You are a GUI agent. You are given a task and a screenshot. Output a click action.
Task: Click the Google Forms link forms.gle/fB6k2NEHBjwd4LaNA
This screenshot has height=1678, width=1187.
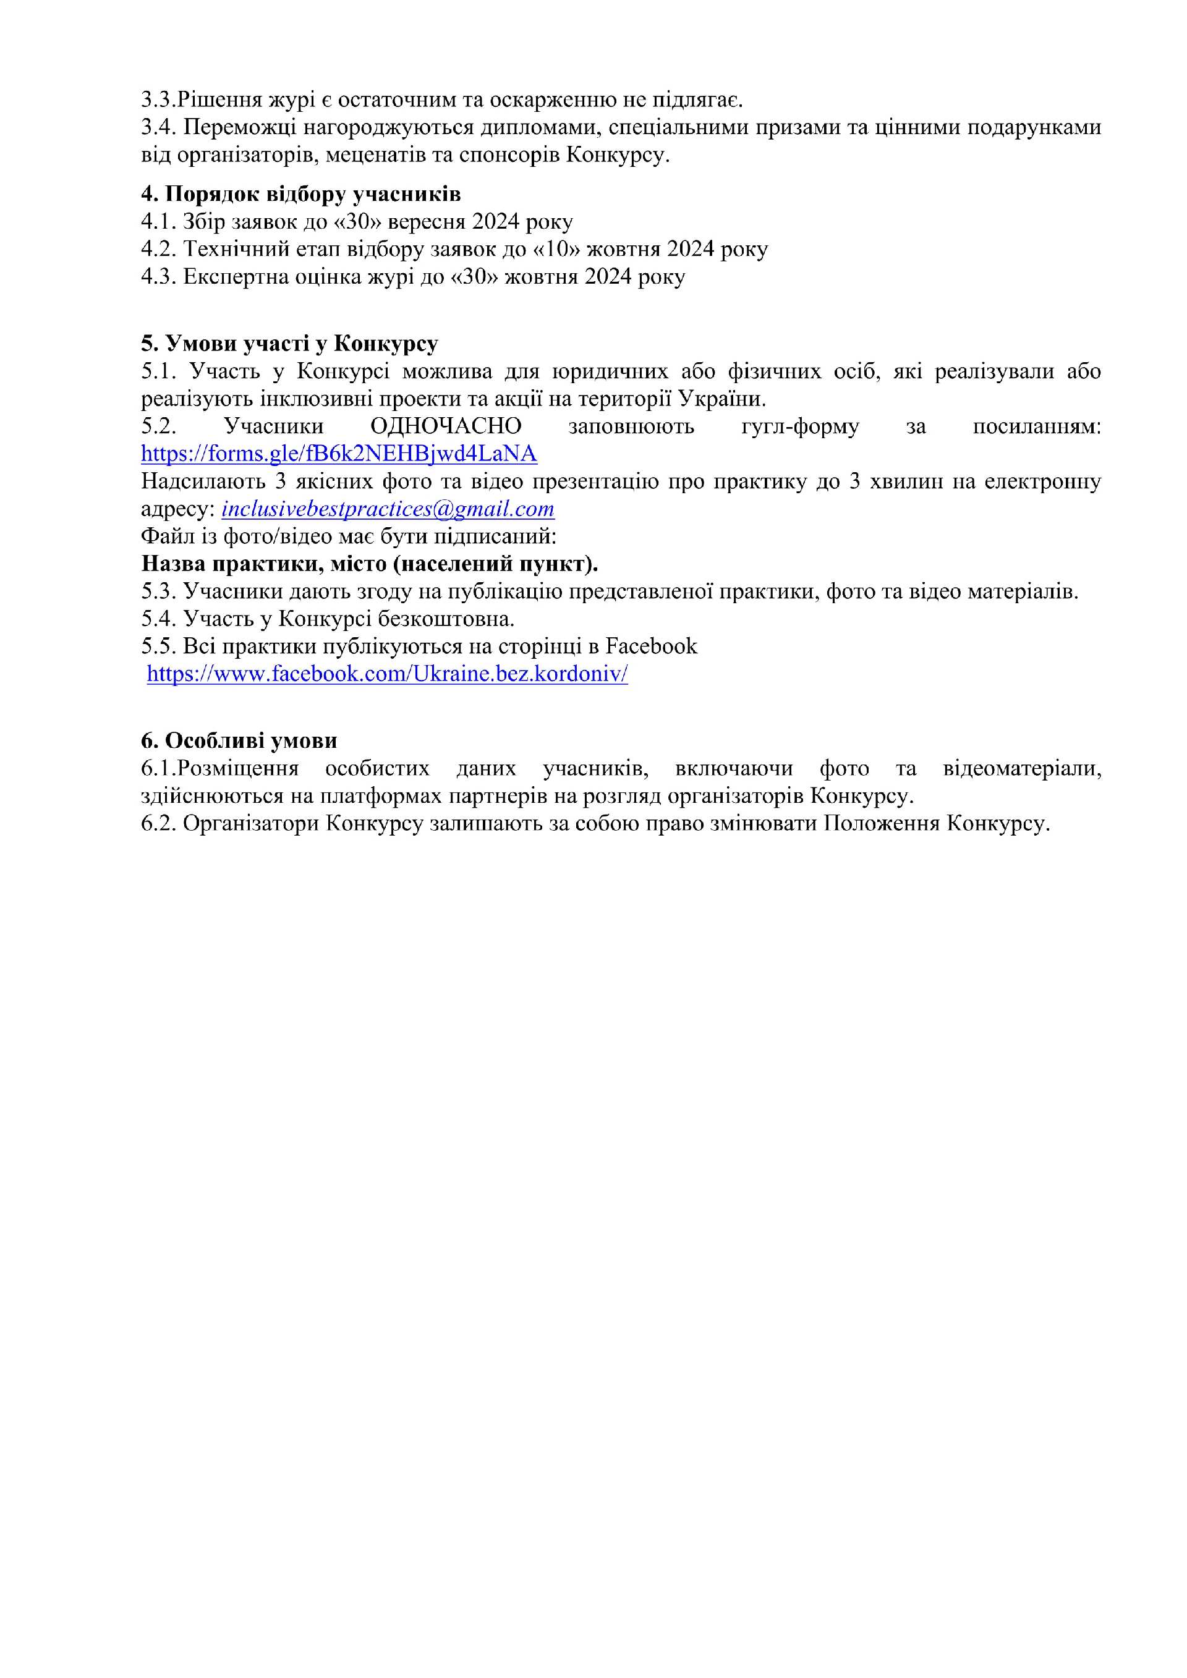click(x=339, y=454)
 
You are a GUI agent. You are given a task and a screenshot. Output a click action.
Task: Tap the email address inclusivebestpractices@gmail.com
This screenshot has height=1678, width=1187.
click(x=388, y=509)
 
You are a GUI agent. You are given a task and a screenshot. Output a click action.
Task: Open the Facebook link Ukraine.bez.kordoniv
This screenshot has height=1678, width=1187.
click(x=388, y=674)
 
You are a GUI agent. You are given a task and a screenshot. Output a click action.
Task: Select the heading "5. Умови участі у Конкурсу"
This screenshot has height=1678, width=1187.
click(x=289, y=343)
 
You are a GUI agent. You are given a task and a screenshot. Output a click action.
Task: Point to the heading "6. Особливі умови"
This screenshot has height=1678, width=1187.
click(x=239, y=740)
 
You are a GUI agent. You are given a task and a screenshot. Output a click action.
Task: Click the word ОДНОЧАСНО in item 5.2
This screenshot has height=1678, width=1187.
click(x=446, y=426)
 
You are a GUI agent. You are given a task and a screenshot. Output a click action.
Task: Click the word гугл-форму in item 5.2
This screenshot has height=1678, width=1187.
click(x=799, y=426)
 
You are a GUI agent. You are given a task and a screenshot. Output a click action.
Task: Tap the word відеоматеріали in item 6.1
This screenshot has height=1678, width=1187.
click(x=1022, y=768)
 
